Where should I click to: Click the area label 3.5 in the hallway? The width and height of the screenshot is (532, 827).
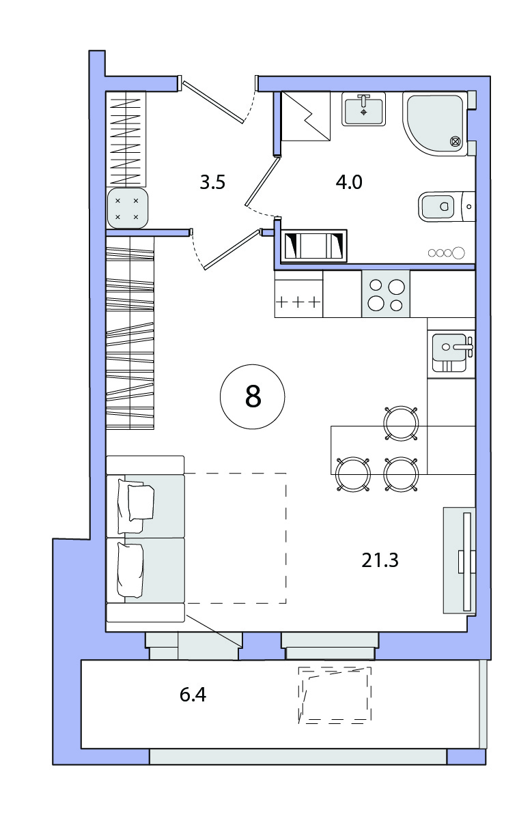coord(212,182)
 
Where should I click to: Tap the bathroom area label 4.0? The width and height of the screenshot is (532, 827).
coord(349,182)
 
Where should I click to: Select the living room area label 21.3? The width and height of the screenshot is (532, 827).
coord(380,560)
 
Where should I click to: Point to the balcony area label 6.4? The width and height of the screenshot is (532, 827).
coord(193,695)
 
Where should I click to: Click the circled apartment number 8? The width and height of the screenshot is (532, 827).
coord(253,396)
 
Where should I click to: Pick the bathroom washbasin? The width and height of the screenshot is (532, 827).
coord(363,109)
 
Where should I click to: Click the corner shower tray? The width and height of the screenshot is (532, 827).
coord(436,123)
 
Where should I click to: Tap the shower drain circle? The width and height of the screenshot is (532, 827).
coord(455,141)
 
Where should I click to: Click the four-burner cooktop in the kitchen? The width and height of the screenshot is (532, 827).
coord(386,294)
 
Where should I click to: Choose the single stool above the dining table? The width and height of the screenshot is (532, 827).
coord(401,423)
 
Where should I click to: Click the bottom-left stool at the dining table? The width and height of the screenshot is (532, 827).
coord(353,474)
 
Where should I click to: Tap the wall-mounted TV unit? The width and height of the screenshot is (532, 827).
coord(460,560)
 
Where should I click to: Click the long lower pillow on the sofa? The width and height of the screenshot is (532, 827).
coord(130,570)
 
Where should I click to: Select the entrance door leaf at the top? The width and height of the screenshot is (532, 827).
coord(214,102)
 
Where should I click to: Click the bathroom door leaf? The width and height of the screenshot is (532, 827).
coord(261,182)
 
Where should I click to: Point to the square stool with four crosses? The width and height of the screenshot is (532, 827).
coord(128,208)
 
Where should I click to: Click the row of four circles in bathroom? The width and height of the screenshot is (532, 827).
coord(446,253)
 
